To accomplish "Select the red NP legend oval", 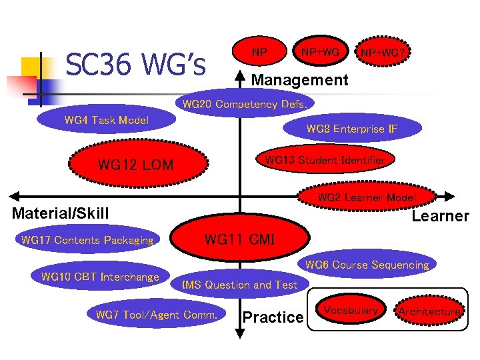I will point(260,52).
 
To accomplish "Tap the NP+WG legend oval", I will point(320,52).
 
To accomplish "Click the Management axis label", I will point(299,81).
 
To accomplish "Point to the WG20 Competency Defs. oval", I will point(245,105).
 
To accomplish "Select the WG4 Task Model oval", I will point(107,121).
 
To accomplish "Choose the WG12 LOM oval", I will point(135,165).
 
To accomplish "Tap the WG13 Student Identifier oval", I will point(325,160).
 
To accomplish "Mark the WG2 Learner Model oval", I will point(367,197).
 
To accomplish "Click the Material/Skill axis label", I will point(60,213).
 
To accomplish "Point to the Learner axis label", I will point(440,216).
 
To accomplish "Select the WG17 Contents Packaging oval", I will point(87,240).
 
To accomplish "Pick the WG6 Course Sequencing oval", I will point(367,265).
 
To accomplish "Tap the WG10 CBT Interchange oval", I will point(101,277).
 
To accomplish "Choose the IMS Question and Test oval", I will point(240,285).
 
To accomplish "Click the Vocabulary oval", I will point(351,310).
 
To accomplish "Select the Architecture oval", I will point(429,311).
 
